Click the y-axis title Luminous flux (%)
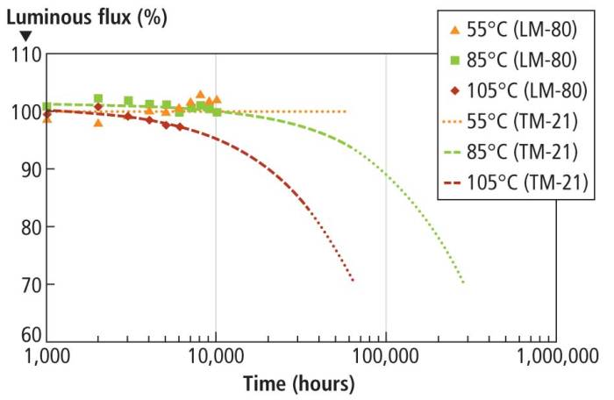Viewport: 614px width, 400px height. click(76, 15)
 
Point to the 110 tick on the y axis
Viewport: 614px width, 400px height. click(26, 54)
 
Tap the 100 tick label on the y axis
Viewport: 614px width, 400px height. click(26, 111)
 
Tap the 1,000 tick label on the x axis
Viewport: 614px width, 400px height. click(46, 356)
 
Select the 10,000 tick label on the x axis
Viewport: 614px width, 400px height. click(216, 356)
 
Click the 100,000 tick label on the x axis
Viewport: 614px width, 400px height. click(386, 356)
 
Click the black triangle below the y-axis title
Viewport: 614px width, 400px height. click(26, 36)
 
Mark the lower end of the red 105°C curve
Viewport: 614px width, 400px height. click(353, 281)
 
